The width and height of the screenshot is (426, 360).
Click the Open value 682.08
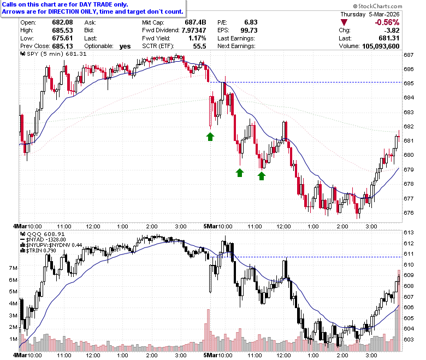62,22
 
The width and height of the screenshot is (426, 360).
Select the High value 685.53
62,30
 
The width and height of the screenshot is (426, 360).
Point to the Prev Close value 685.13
62,46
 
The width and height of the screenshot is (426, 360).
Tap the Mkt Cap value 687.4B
196,22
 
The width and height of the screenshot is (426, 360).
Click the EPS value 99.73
249,30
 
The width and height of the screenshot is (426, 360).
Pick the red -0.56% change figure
387,22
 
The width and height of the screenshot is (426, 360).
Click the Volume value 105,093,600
381,46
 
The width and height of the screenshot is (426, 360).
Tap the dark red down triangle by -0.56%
344,22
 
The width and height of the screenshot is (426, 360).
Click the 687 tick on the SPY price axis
409,55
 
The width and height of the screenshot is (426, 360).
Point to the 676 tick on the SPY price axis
409,213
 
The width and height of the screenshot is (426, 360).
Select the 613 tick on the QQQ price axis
409,233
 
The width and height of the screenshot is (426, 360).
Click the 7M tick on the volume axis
13,268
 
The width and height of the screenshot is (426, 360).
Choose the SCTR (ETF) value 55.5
200,46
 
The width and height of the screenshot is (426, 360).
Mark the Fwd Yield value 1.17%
197,38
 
